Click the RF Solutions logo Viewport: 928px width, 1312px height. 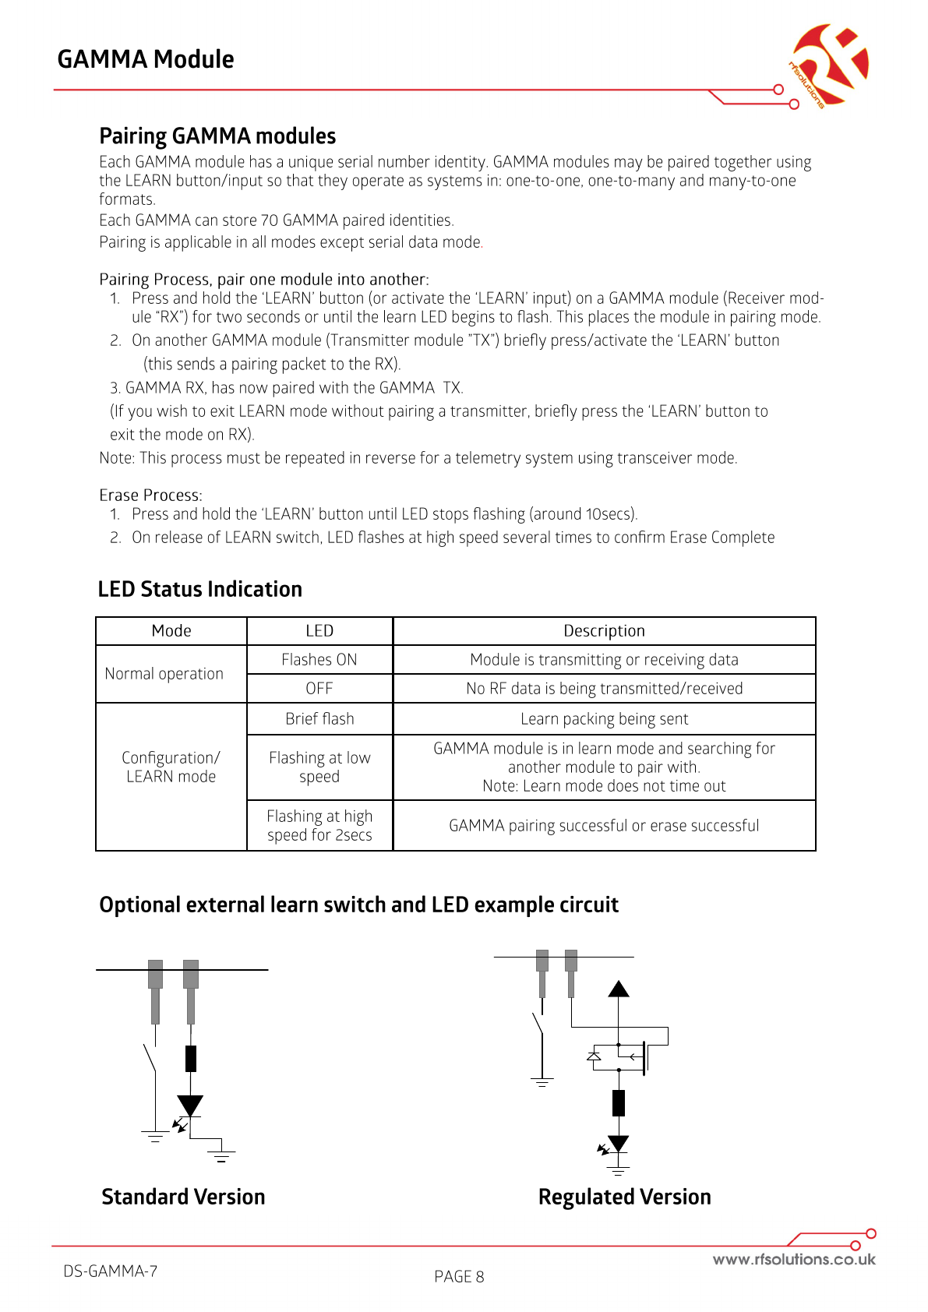(x=828, y=65)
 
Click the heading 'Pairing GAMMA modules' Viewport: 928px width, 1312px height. (x=217, y=136)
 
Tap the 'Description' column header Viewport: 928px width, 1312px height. (x=604, y=631)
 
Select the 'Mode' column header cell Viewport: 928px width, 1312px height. (x=171, y=631)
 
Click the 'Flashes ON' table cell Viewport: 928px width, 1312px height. (x=319, y=660)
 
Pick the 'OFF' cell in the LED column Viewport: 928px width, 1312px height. (x=319, y=689)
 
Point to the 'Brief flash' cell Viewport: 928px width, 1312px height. (x=319, y=719)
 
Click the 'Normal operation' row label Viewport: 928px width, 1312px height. (x=164, y=674)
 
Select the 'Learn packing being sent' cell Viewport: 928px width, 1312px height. (x=604, y=719)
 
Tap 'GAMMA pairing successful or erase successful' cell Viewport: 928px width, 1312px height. (x=604, y=826)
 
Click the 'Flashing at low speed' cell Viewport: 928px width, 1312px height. (x=319, y=767)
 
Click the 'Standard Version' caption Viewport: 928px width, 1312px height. (x=183, y=1197)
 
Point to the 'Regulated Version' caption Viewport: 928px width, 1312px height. (x=624, y=1197)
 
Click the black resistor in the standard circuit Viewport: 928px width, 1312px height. (x=191, y=1059)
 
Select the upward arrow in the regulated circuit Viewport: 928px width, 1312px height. (x=619, y=989)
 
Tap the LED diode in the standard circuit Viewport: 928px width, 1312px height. (x=190, y=1106)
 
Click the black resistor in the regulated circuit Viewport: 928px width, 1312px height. (x=619, y=1102)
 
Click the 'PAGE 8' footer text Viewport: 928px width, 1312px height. (x=459, y=1277)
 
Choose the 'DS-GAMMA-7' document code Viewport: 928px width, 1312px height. (x=111, y=1271)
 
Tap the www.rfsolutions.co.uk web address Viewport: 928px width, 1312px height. (x=793, y=1260)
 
